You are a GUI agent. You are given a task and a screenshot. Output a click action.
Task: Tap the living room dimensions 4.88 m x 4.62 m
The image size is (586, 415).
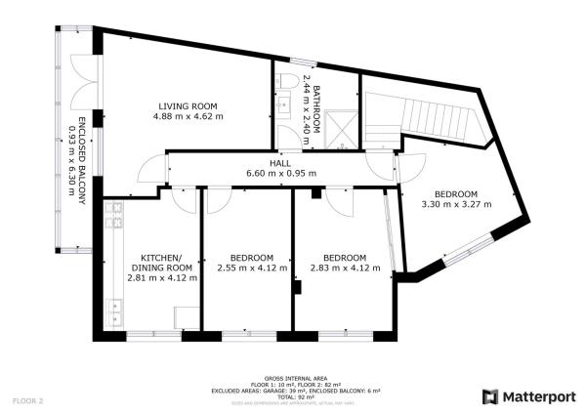pos(188,116)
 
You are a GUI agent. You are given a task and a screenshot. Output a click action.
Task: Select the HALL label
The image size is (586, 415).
pos(281,163)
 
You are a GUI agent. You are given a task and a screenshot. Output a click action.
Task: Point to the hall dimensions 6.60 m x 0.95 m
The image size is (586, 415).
pos(281,174)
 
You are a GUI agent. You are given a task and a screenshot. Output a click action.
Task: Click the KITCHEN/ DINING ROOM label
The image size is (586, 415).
pos(162,261)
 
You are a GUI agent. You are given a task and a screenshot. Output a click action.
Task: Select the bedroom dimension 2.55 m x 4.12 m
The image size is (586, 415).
pos(252,268)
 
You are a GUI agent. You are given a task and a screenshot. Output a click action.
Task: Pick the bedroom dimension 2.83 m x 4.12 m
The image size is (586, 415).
pos(344,268)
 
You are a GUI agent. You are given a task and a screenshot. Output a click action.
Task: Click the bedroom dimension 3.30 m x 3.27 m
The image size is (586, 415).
pos(455,205)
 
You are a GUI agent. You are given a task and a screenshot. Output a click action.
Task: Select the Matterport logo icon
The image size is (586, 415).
pos(490,395)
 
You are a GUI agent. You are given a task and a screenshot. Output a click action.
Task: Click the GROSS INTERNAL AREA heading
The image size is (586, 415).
pos(295,378)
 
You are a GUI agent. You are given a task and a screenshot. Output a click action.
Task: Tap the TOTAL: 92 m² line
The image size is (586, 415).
pos(295,396)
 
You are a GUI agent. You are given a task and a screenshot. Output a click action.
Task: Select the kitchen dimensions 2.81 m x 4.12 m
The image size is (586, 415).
pos(162,277)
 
